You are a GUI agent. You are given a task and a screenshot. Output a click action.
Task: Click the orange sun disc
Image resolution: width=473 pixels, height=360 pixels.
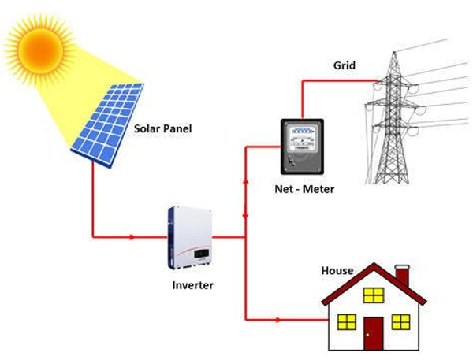coord(40,50)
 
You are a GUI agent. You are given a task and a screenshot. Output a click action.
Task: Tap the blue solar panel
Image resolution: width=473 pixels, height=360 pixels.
coord(108,124)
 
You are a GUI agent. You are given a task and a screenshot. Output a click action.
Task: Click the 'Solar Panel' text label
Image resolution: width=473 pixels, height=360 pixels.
coord(163,128)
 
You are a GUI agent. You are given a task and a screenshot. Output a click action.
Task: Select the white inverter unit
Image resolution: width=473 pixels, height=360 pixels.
coord(190,238)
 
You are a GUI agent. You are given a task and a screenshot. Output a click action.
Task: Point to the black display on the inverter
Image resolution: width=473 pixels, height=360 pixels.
coord(201,254)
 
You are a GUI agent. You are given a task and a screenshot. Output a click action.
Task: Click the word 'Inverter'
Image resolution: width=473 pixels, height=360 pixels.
coord(193,285)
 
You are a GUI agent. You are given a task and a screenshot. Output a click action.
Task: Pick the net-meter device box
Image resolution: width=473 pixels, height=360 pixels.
coord(302,147)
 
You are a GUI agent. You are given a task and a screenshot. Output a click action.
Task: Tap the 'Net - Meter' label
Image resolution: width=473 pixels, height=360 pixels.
coord(304,189)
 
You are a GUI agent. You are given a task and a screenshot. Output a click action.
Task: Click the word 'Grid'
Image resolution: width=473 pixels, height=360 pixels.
coord(345,65)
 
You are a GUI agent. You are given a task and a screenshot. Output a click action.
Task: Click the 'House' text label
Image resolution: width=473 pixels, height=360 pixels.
coord(337,270)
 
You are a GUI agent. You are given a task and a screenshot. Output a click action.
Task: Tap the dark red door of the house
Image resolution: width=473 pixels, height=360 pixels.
coord(374,333)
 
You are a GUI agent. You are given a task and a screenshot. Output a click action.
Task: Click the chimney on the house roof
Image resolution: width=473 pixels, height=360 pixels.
coord(402,276)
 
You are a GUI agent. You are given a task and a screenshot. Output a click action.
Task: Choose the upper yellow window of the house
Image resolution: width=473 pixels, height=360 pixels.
coord(374,295)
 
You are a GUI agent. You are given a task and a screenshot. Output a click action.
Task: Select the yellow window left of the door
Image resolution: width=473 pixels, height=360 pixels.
coord(347,321)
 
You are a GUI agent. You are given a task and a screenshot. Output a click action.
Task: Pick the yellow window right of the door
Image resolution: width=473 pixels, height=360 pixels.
coord(401,321)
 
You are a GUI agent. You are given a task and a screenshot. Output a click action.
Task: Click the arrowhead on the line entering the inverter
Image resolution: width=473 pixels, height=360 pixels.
coord(132,237)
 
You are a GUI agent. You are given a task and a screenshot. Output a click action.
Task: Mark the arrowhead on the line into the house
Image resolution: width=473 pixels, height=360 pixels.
coord(277,320)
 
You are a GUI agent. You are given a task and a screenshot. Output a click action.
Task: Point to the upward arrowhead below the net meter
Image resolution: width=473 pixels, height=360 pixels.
coord(245,180)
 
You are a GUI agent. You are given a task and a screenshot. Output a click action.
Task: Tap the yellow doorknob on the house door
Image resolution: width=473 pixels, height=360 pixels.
coord(367,335)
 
